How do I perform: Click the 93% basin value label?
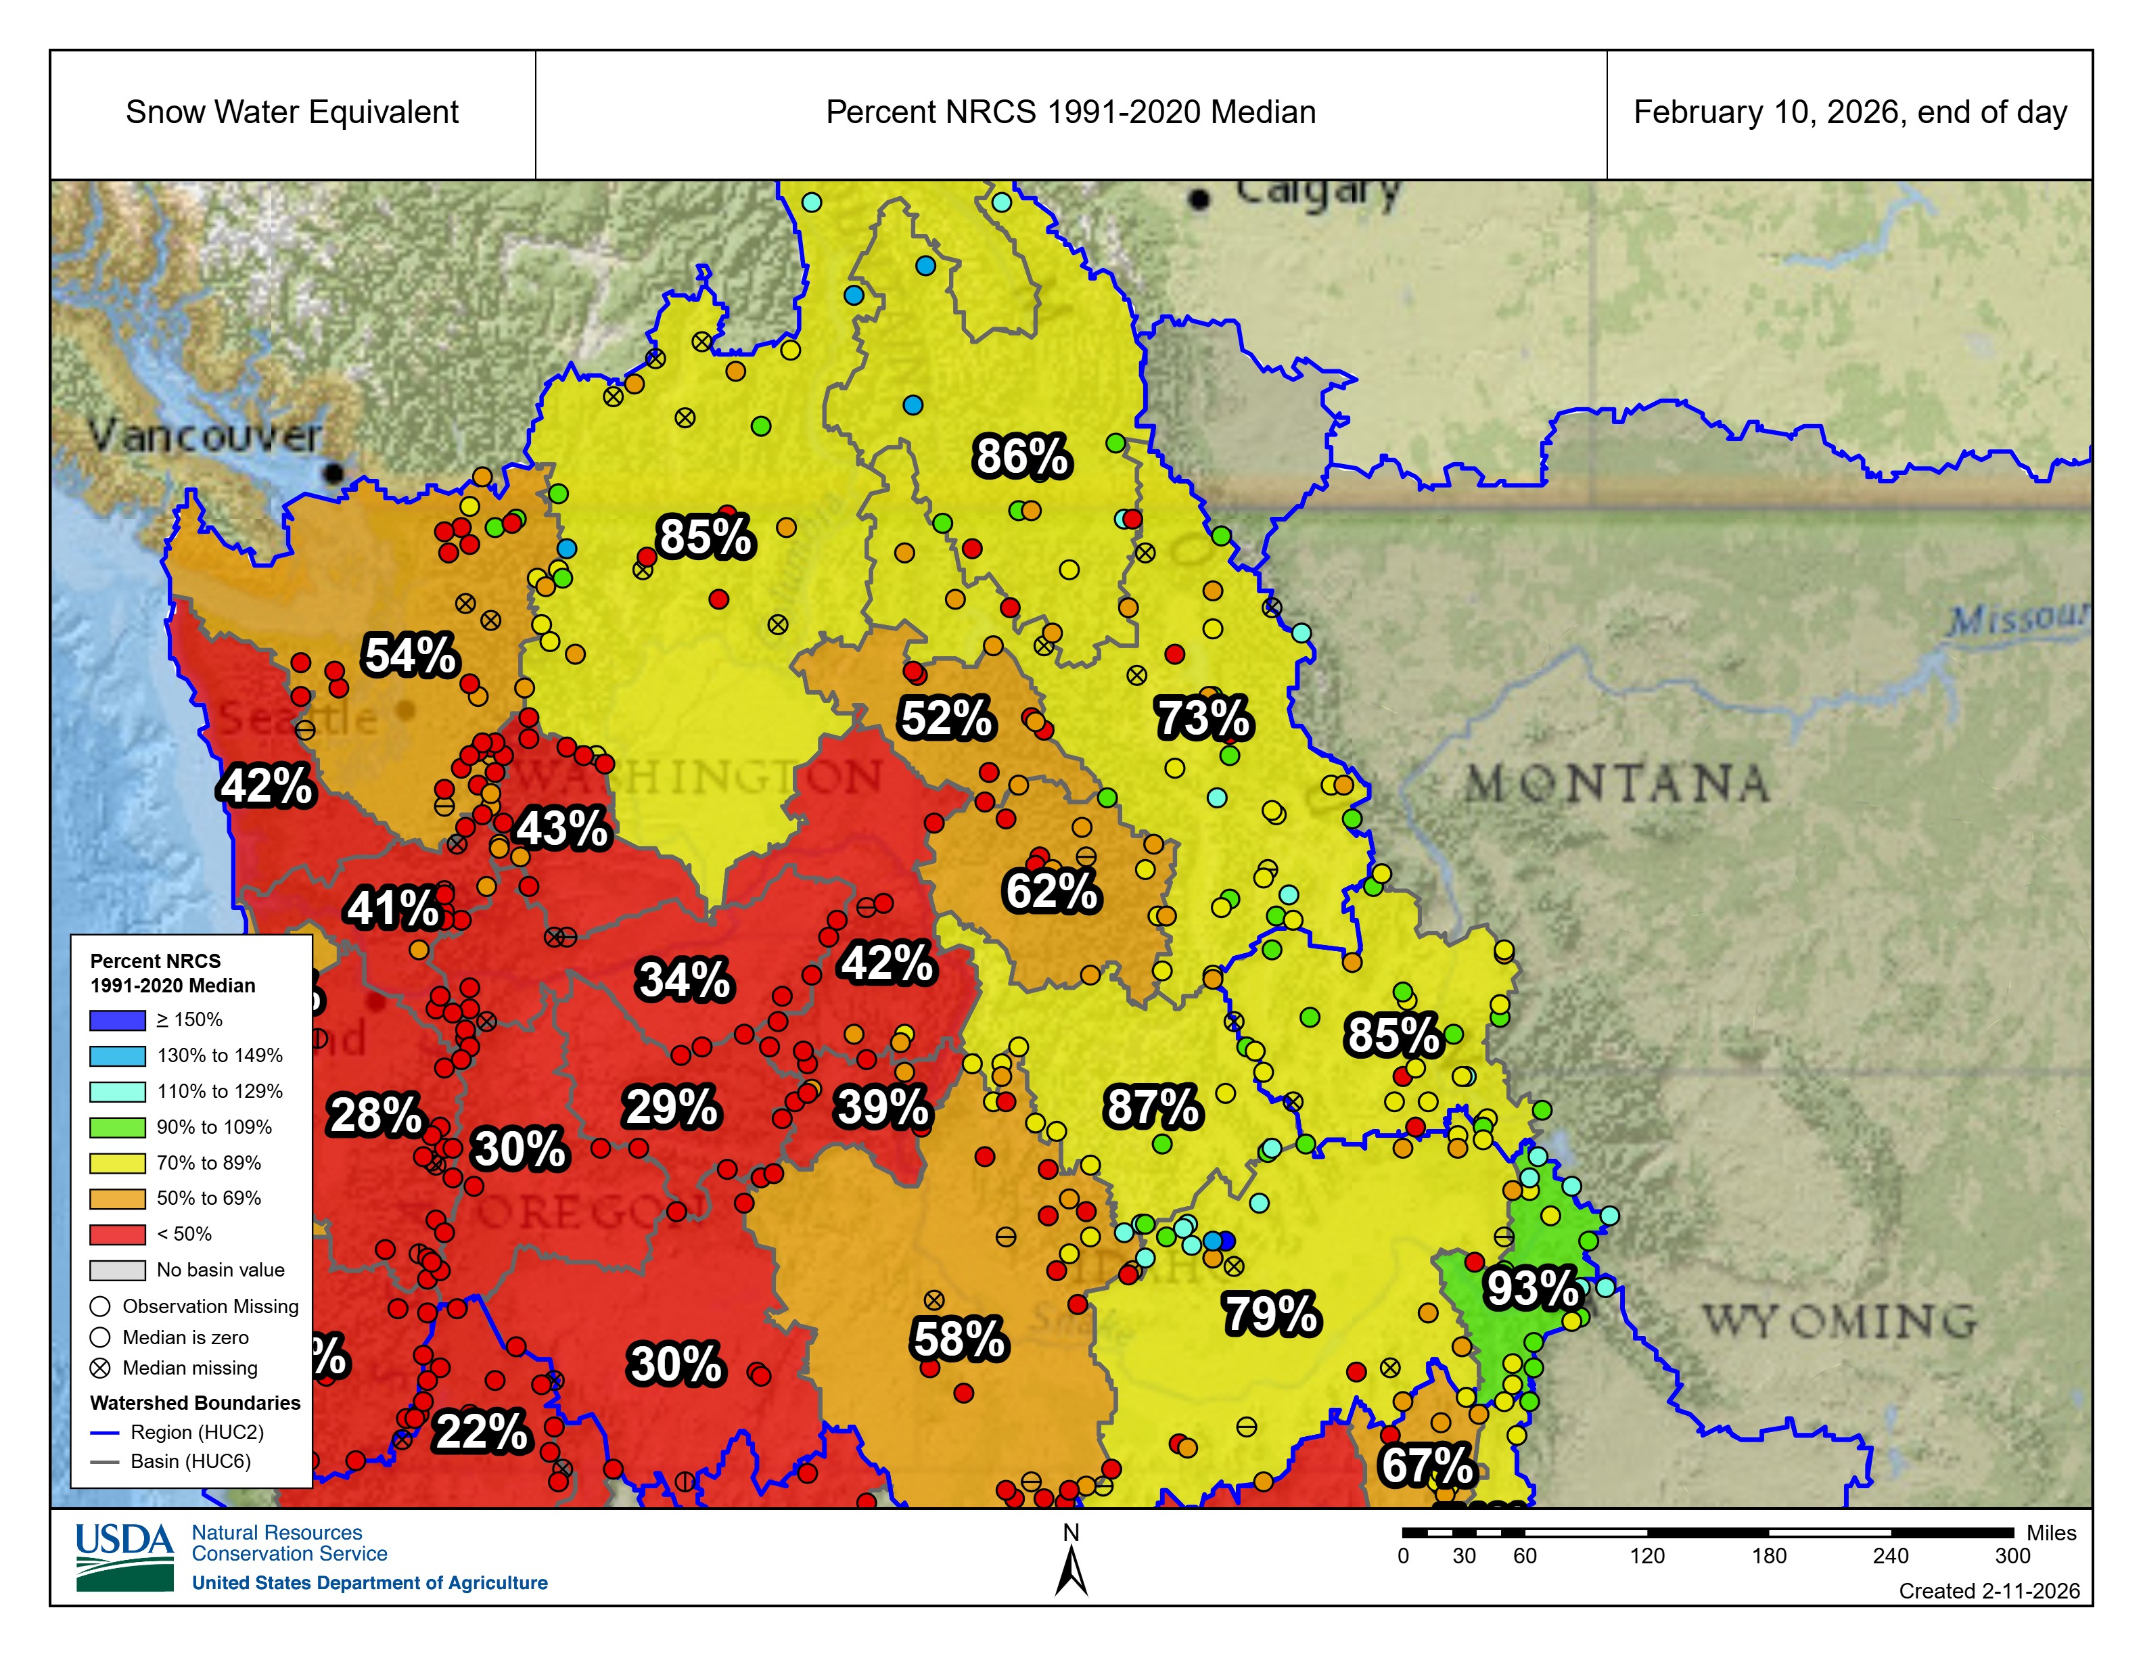[1531, 1288]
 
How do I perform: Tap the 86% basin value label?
[1021, 457]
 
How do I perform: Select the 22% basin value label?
[481, 1431]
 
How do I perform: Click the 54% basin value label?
[410, 655]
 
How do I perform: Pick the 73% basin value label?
[1203, 718]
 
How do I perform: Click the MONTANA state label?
[1617, 785]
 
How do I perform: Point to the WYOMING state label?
[1839, 1321]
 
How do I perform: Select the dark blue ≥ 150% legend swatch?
[118, 1020]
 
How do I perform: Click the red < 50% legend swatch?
[118, 1234]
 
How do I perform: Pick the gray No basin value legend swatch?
[118, 1270]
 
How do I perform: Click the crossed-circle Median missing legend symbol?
[100, 1368]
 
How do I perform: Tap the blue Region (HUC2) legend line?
[104, 1432]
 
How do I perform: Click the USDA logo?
[124, 1556]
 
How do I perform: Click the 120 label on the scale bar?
[1646, 1556]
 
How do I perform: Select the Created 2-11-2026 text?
[1988, 1591]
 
